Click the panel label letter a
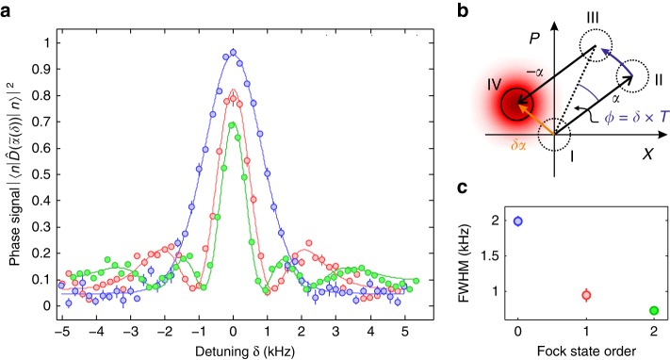pyautogui.click(x=8, y=9)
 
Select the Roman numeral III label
pyautogui.click(x=589, y=17)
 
